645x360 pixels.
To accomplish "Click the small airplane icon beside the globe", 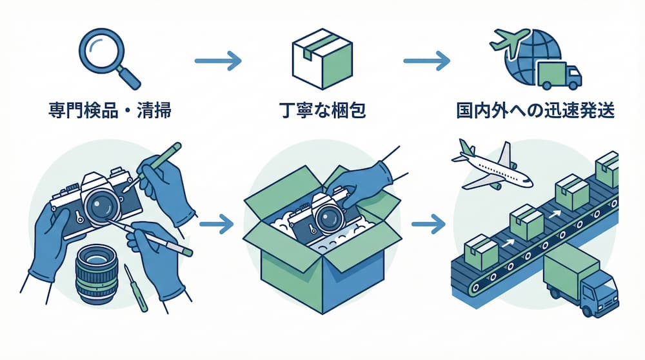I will [x=506, y=40].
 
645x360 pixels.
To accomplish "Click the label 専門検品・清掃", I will [x=110, y=110].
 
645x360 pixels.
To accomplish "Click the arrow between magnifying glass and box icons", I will [x=217, y=62].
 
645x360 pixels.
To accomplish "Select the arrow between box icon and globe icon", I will [x=426, y=62].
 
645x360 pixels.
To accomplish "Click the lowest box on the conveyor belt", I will [x=481, y=252].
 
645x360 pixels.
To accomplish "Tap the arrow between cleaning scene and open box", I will [x=217, y=226].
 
